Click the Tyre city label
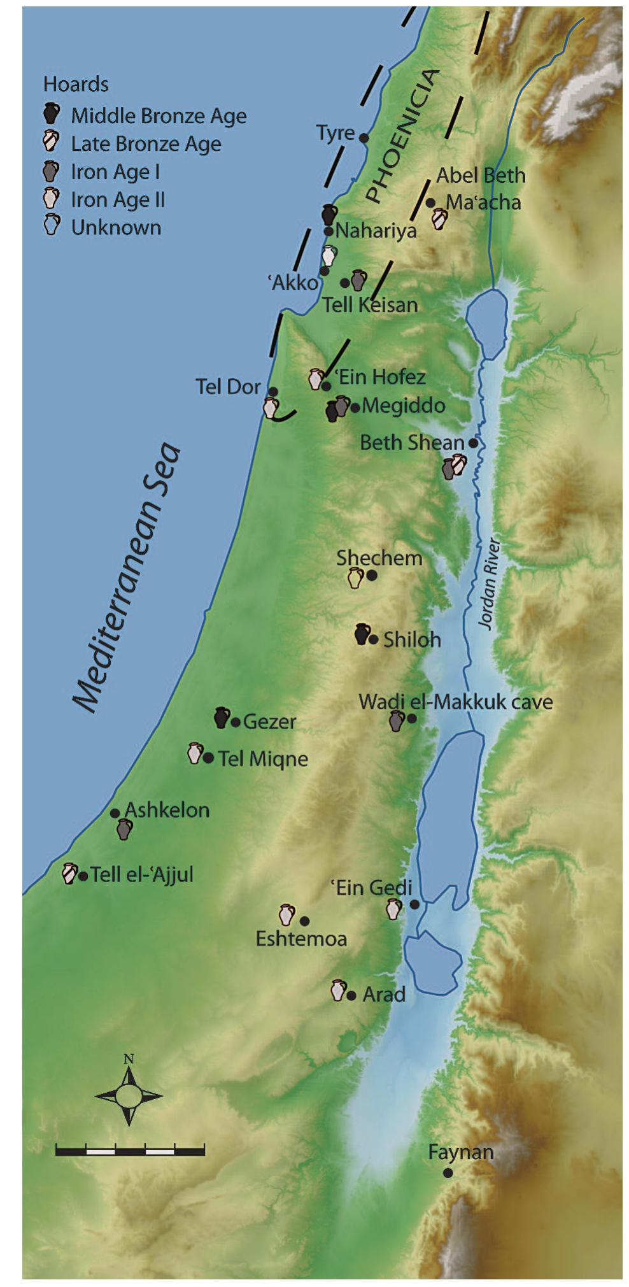tap(336, 133)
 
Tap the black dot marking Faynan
tap(448, 1173)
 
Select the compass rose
tap(129, 1096)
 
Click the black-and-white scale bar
tap(130, 1150)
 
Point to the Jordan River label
tap(489, 584)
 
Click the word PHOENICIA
tap(402, 135)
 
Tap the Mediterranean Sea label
tap(125, 577)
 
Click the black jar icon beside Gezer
tap(222, 718)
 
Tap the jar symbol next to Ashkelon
tap(125, 829)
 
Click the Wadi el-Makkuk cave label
tap(455, 702)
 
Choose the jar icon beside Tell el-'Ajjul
tap(69, 873)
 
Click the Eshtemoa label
tap(301, 939)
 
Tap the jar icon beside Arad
tap(339, 990)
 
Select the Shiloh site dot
tap(374, 639)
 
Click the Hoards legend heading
tap(76, 85)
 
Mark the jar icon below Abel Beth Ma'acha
tap(439, 219)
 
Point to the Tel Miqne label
tap(263, 758)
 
